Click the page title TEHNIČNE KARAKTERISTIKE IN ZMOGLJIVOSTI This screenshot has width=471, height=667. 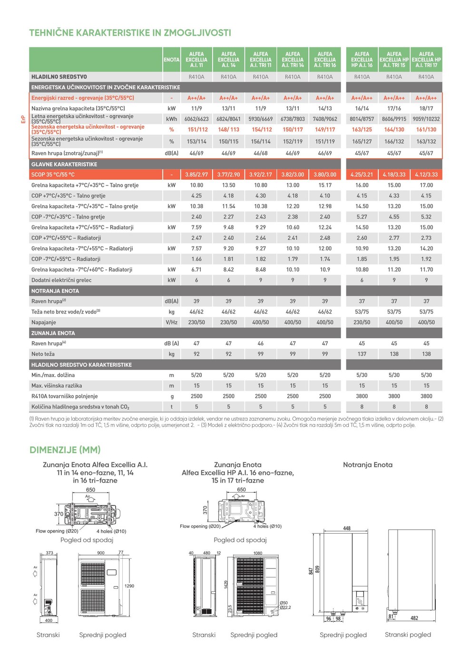click(130, 33)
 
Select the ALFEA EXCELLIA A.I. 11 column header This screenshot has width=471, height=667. click(196, 60)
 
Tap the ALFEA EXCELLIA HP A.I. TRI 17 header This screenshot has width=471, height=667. click(426, 60)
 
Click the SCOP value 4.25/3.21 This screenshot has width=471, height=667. click(362, 175)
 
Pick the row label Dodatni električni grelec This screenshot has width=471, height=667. click(61, 280)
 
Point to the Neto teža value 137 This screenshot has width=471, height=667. click(362, 354)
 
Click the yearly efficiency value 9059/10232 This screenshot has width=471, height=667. click(426, 119)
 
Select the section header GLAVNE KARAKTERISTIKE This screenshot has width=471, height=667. click(64, 164)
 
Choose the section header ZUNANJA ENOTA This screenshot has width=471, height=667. click(53, 333)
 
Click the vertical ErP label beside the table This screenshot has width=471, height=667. click(23, 119)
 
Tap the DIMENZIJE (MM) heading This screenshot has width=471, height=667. click(65, 450)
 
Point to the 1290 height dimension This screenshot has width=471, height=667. click(129, 586)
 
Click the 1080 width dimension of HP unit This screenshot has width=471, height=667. click(257, 553)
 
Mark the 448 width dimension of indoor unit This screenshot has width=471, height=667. click(347, 528)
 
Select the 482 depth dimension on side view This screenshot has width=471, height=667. click(414, 618)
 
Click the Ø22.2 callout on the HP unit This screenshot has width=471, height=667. click(285, 607)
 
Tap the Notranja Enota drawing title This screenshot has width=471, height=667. click(368, 465)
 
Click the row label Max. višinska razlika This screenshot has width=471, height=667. click(57, 386)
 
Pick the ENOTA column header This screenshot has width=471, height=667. click(171, 60)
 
